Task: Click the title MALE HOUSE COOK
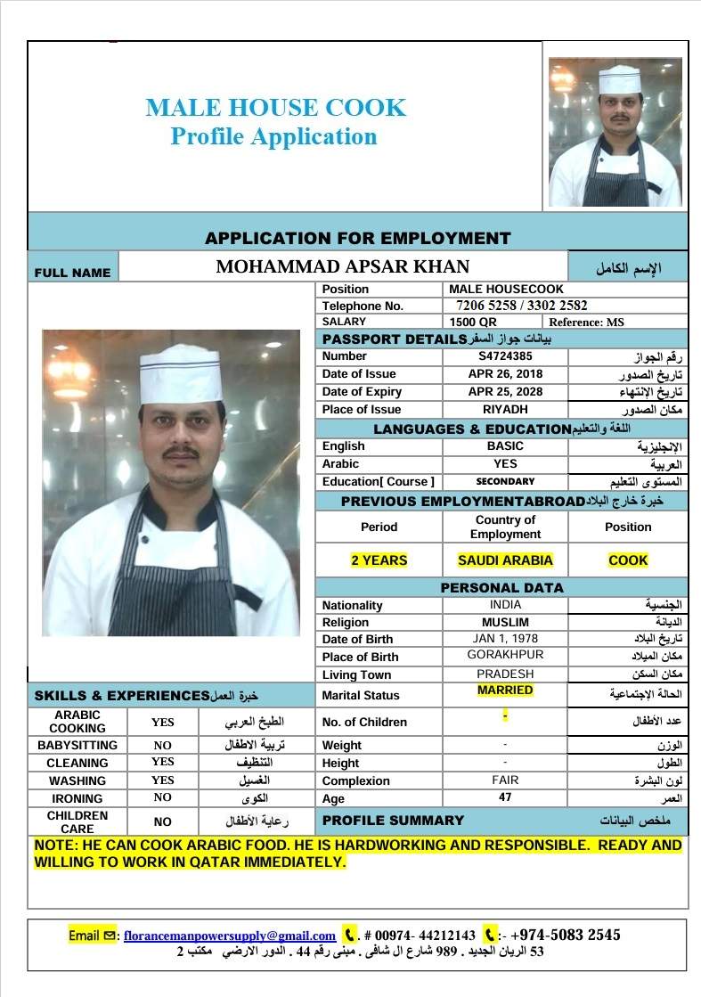click(275, 109)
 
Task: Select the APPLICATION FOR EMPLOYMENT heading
click(357, 239)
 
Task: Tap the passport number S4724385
click(505, 356)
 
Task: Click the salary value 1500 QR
click(474, 322)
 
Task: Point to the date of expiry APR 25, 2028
click(505, 392)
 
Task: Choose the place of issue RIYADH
click(505, 410)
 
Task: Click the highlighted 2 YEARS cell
click(379, 560)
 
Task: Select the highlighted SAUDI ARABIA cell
click(505, 560)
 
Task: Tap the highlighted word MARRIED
click(505, 691)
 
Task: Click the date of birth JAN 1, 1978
click(505, 639)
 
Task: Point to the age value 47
click(505, 797)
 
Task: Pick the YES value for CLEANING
click(163, 762)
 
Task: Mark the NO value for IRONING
click(163, 797)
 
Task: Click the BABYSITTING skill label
click(77, 745)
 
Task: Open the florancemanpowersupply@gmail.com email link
click(230, 936)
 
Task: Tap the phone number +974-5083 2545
click(566, 936)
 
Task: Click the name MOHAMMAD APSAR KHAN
click(343, 266)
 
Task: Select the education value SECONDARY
click(505, 481)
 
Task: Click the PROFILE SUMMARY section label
click(393, 821)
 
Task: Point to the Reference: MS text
click(587, 322)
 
